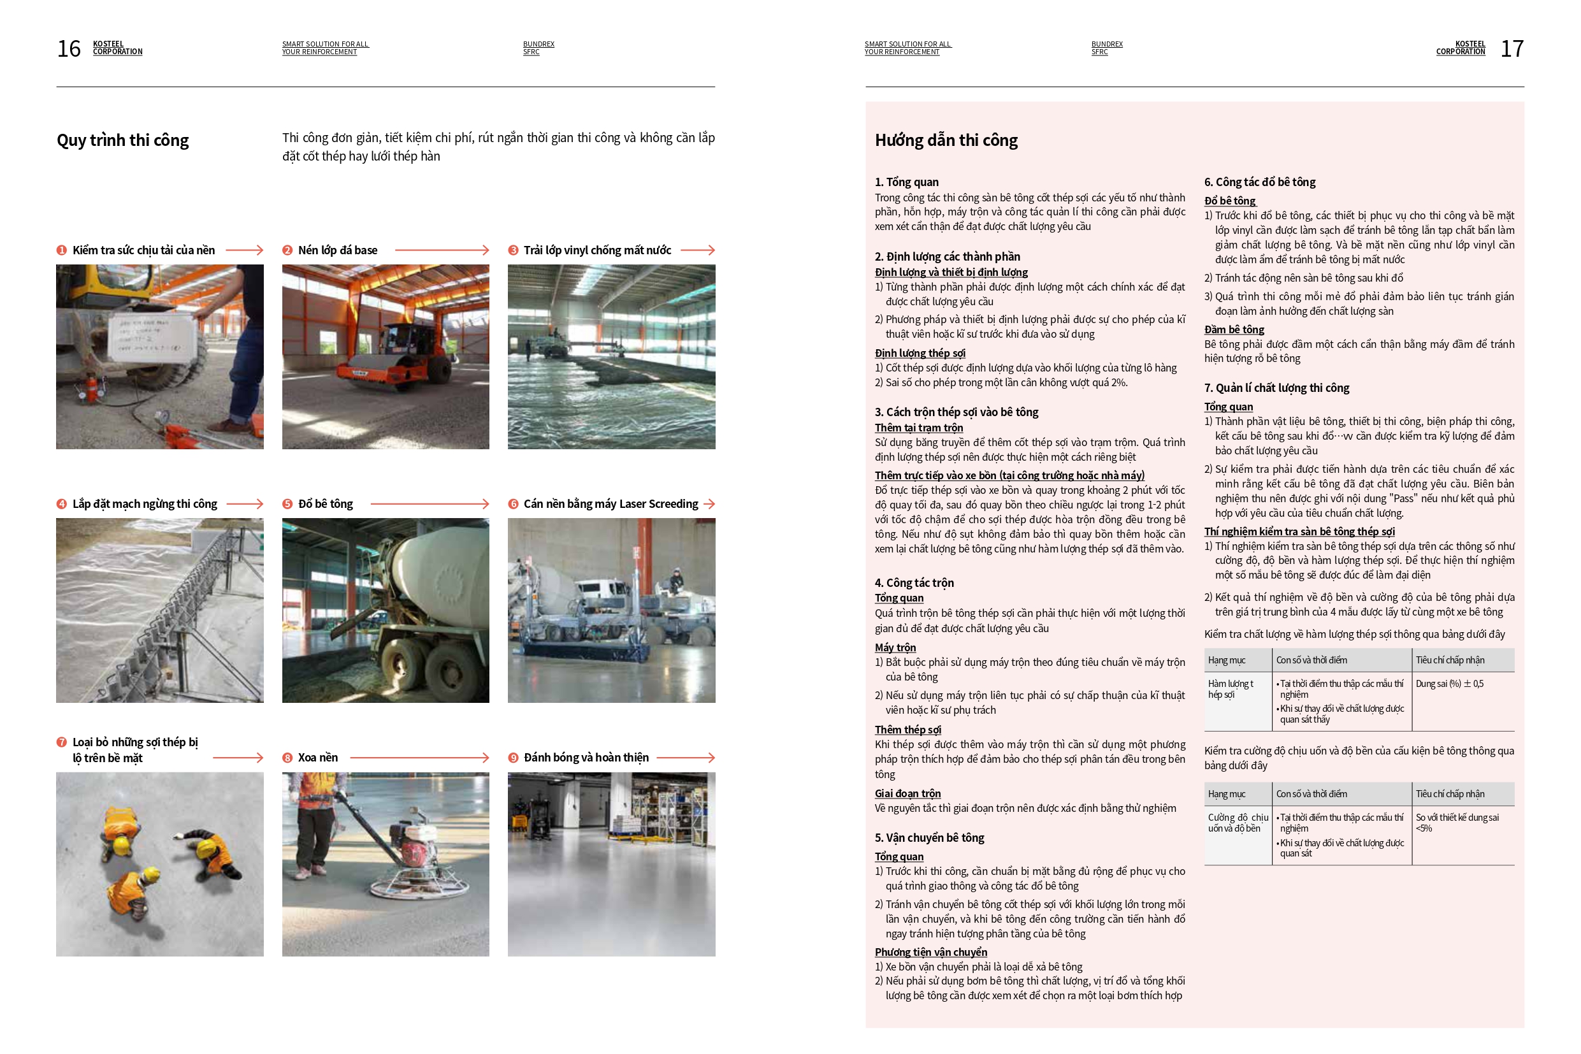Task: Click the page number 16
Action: click(69, 48)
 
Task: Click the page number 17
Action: click(1512, 48)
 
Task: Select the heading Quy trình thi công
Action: click(122, 140)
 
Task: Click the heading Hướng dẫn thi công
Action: click(946, 140)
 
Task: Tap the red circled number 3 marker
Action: click(513, 250)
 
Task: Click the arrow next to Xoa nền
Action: click(419, 758)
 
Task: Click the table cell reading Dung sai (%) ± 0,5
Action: click(1448, 684)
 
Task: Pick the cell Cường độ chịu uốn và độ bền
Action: click(1238, 823)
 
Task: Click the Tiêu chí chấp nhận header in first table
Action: click(1449, 660)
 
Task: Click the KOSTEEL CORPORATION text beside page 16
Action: click(117, 48)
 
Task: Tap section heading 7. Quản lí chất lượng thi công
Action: click(1276, 388)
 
